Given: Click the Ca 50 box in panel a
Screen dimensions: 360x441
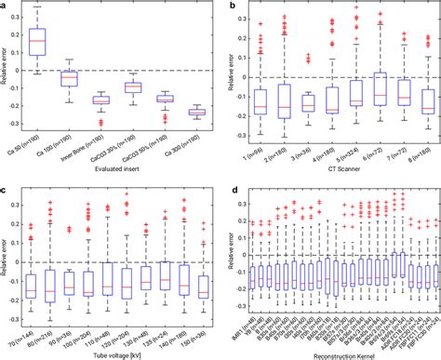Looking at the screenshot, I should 63,42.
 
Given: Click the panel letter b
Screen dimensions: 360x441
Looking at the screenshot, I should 233,6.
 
